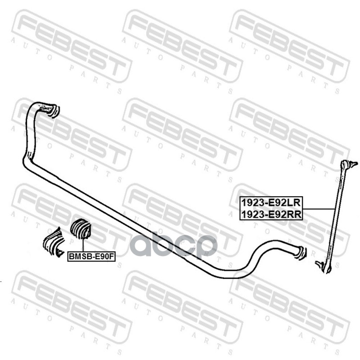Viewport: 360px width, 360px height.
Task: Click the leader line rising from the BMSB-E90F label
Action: [83, 245]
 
